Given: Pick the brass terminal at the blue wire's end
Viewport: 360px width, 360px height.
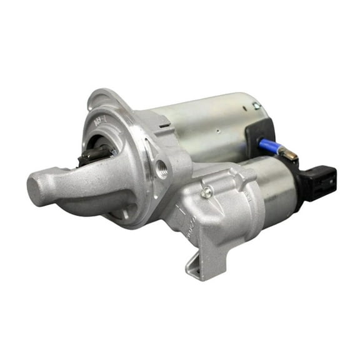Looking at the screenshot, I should (x=289, y=152).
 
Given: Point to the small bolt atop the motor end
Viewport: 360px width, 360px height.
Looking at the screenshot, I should (x=257, y=107).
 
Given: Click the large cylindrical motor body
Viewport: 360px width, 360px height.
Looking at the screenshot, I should (x=206, y=125).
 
